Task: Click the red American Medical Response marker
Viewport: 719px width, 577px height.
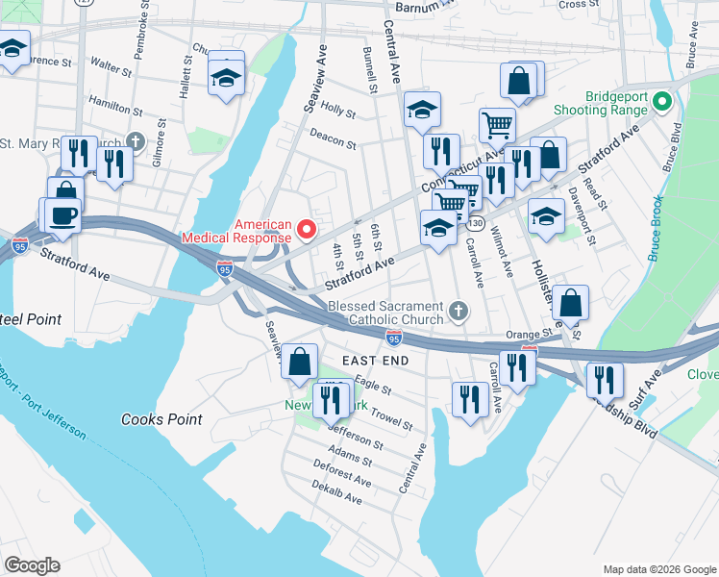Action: point(308,229)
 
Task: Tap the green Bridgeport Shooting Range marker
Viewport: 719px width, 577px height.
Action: point(661,101)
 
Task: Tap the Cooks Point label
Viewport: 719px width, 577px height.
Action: point(161,419)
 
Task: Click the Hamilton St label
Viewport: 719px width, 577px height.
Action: point(114,99)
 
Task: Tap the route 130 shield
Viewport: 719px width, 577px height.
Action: point(476,223)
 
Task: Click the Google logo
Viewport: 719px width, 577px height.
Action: point(32,564)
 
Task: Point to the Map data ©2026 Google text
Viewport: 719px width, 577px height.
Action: point(657,569)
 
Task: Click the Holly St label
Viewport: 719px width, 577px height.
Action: point(339,112)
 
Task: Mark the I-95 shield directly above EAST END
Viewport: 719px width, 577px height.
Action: point(393,338)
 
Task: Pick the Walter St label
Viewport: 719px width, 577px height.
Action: point(112,68)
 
